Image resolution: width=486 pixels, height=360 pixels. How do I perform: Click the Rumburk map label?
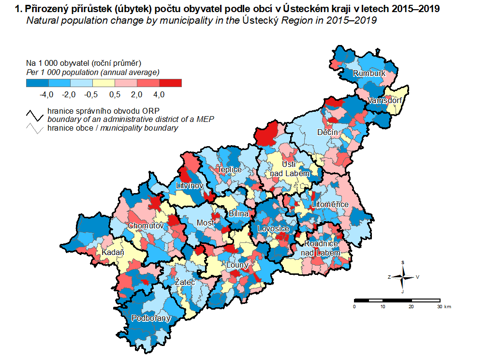(x=369, y=74)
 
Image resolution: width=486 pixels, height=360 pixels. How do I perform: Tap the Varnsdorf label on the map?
(x=385, y=101)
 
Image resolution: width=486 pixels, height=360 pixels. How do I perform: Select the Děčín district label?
(x=327, y=132)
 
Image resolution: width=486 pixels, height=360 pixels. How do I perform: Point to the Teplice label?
(x=229, y=170)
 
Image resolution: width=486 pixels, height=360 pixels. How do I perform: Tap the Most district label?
(x=206, y=223)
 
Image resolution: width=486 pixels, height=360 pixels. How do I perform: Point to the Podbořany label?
(x=151, y=318)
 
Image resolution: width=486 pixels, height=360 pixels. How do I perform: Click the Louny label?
(x=237, y=265)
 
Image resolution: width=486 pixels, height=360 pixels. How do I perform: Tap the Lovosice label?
(x=273, y=228)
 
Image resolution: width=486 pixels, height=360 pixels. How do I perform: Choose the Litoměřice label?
(x=330, y=205)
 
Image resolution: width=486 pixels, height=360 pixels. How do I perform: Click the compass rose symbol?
(x=403, y=277)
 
